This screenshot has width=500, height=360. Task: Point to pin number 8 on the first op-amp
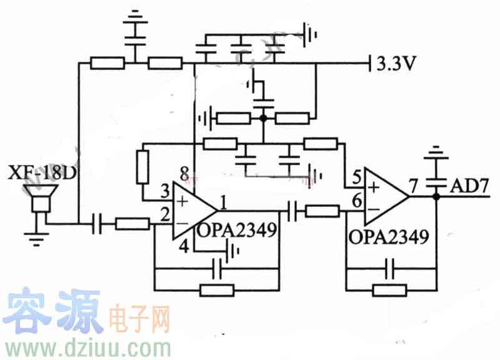point(183,172)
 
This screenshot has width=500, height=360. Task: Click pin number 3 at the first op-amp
point(165,190)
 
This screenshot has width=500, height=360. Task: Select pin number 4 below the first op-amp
point(184,246)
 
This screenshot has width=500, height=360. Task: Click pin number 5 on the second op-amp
point(356,177)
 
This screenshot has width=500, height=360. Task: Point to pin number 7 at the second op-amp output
point(413,185)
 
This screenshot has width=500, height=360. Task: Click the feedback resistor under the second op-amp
point(390,290)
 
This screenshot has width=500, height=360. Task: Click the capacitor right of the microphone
point(97,223)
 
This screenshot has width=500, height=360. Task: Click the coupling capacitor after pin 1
point(294,211)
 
